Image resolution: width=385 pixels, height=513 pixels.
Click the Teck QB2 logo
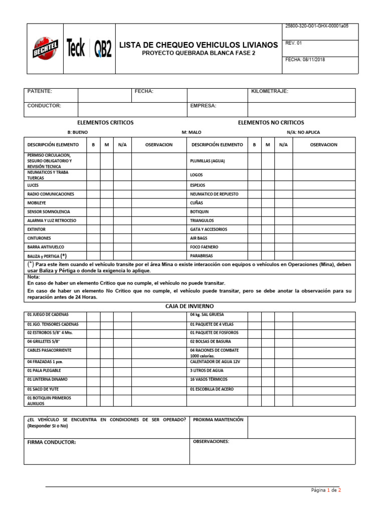89,49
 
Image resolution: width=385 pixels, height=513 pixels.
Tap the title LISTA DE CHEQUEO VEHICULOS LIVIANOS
198,45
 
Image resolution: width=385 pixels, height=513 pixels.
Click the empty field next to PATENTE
104,95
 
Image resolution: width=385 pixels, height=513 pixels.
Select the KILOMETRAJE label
269,92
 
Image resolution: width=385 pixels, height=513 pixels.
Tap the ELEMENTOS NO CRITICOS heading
271,122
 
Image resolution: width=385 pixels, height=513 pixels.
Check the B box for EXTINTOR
93,229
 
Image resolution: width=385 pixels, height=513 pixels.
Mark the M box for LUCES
106,185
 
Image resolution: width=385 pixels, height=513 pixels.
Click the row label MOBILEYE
37,203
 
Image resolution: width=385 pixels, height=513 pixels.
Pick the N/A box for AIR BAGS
283,238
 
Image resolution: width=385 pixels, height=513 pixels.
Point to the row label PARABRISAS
202,256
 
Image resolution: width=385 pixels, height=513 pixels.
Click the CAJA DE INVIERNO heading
190,306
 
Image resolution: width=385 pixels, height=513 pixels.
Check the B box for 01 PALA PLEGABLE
93,371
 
